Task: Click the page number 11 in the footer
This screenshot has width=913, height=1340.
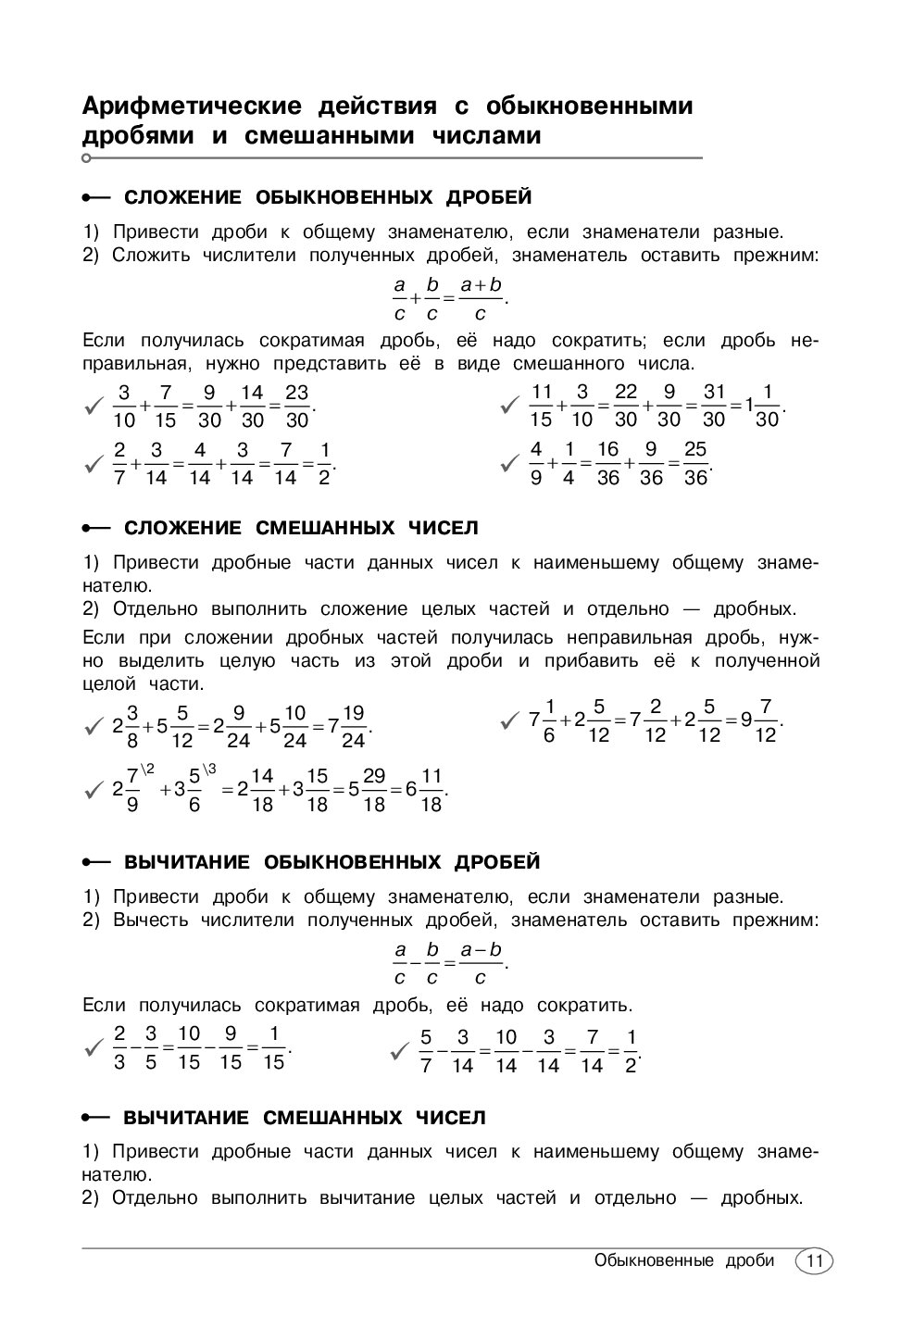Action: click(814, 1261)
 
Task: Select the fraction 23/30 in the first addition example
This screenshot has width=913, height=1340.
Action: click(295, 406)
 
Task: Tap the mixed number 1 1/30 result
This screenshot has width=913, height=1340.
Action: click(763, 406)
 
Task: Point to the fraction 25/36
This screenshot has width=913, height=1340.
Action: click(694, 462)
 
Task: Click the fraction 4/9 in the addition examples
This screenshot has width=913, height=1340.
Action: click(536, 462)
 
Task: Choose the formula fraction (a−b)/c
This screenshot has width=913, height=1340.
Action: click(481, 963)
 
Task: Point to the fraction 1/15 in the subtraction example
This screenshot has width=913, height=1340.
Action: click(273, 1047)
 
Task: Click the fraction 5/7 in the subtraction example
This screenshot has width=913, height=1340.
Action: click(426, 1050)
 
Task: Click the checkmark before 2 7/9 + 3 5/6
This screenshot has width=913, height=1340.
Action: click(93, 790)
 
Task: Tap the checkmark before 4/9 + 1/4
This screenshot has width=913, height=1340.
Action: click(509, 462)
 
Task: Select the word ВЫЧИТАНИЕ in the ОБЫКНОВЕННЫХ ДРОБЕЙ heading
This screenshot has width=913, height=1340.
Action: click(187, 862)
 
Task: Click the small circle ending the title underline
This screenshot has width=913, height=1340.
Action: click(86, 158)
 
